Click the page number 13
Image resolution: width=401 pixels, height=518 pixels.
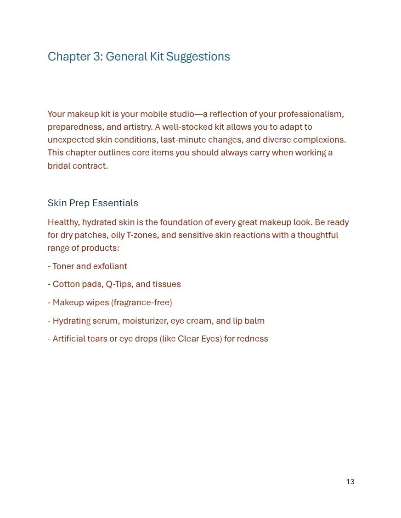click(x=350, y=482)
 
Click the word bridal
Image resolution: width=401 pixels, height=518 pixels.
click(x=59, y=165)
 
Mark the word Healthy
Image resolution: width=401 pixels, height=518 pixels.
click(x=63, y=222)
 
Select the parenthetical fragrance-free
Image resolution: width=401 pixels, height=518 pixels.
click(x=141, y=303)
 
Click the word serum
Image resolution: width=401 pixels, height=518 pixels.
click(x=105, y=321)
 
